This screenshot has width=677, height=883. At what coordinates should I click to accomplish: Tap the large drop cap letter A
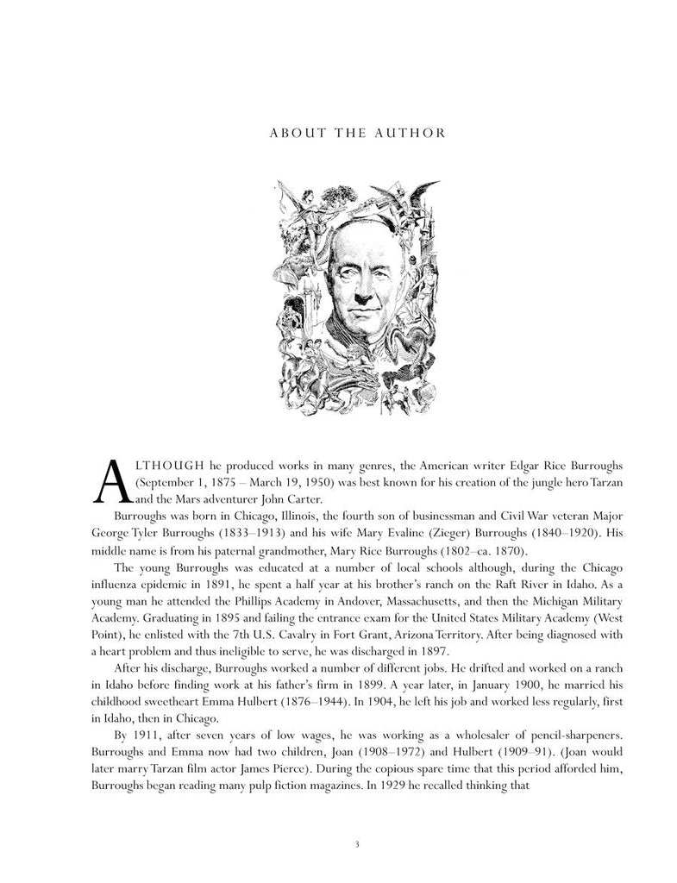[110, 481]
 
